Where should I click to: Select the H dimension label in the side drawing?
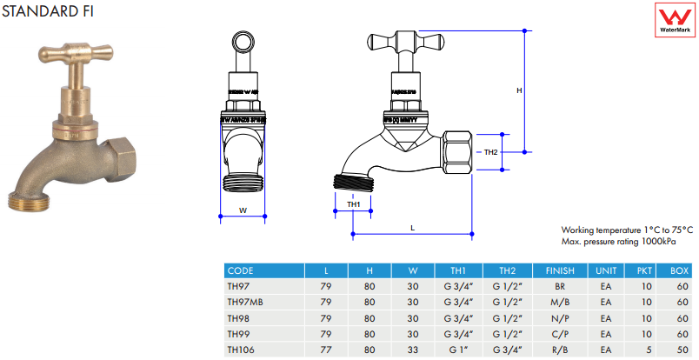pyautogui.click(x=519, y=90)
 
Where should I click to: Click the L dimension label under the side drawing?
pyautogui.click(x=412, y=227)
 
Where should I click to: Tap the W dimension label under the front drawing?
pyautogui.click(x=243, y=210)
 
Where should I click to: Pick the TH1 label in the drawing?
pyautogui.click(x=353, y=204)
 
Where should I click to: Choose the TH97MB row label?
pyautogui.click(x=244, y=302)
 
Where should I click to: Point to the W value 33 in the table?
pyautogui.click(x=413, y=349)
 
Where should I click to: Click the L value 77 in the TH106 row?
pyautogui.click(x=325, y=349)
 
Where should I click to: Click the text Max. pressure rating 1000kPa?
pyautogui.click(x=618, y=241)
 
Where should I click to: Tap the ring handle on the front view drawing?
pyautogui.click(x=243, y=43)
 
